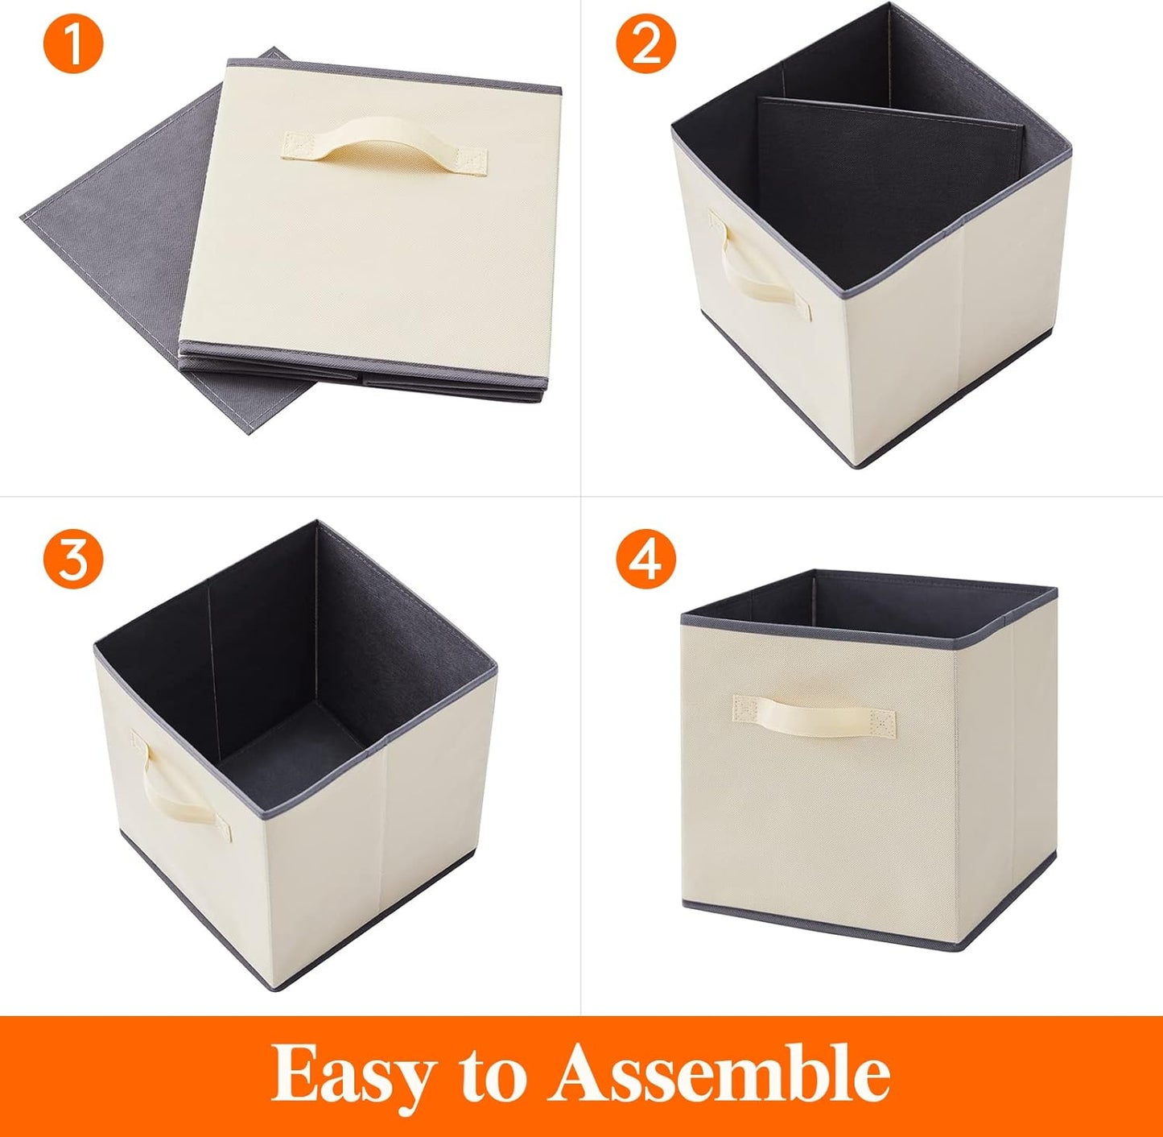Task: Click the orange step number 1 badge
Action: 73,45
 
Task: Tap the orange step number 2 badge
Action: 646,45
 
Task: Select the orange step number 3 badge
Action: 73,557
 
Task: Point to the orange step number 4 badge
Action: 646,557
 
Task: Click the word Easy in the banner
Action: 350,1075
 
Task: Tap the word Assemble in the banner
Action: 720,1073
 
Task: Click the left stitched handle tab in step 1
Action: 300,146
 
